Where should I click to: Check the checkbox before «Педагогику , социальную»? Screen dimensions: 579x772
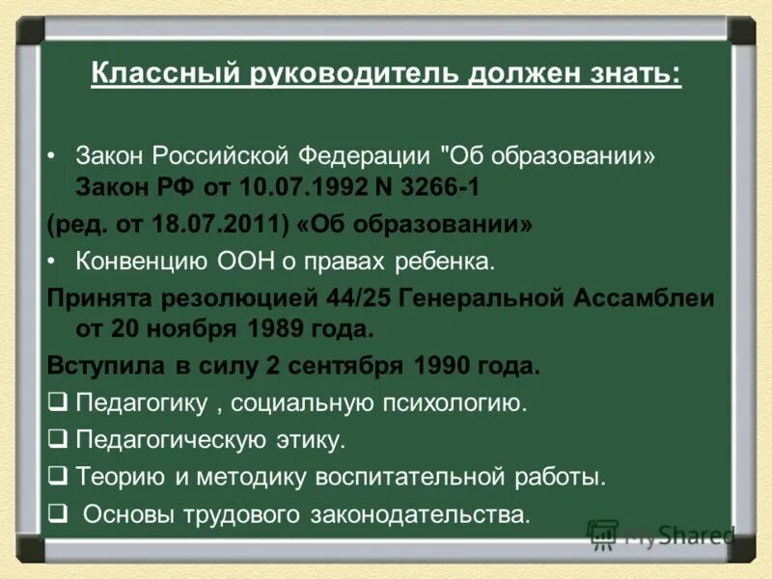pyautogui.click(x=57, y=403)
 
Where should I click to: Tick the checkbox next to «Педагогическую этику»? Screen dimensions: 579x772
pyautogui.click(x=57, y=440)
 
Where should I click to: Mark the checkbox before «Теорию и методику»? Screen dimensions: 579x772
pyautogui.click(x=57, y=477)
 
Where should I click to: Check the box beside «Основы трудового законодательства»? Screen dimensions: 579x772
pyautogui.click(x=57, y=513)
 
